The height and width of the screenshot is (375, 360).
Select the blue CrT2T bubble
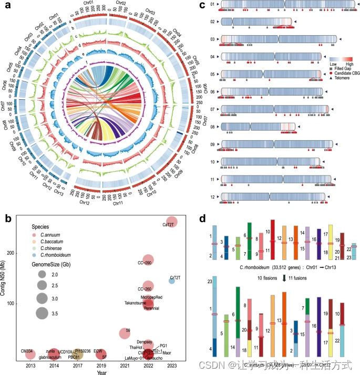[172, 281]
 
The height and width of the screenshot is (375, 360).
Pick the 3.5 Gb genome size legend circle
[44, 313]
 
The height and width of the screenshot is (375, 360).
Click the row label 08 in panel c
[212, 127]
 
